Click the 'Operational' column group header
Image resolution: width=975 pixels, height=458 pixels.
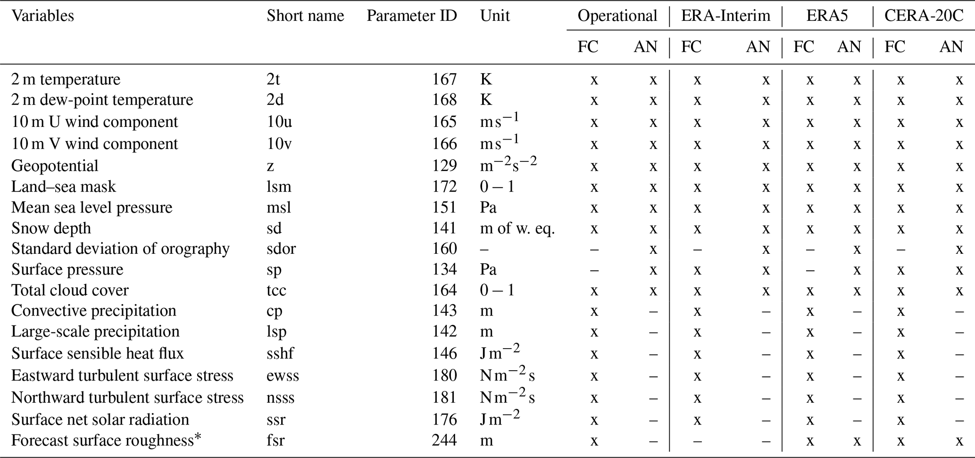[x=617, y=16]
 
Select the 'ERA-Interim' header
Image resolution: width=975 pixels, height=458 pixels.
[x=725, y=16]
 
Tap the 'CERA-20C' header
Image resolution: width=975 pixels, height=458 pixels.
[x=924, y=16]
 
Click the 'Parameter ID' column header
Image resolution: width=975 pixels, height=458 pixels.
[x=412, y=16]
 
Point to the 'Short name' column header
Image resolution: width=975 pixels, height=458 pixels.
[x=305, y=16]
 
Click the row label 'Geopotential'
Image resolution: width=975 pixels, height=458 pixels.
[x=55, y=166]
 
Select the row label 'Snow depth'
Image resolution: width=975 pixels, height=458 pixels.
[x=51, y=228]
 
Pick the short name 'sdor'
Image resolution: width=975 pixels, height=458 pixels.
[x=281, y=249]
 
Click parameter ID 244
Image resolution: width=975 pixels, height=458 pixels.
[x=444, y=441]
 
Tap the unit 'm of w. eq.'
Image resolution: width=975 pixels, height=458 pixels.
[x=517, y=228]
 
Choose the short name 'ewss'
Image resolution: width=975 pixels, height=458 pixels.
[x=283, y=376]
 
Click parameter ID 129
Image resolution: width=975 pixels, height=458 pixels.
[x=444, y=166]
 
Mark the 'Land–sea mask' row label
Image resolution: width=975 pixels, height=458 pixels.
[x=63, y=187]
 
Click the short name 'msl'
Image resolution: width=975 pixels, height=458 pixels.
[x=279, y=208]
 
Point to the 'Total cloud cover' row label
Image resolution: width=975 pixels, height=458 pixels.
[x=70, y=290]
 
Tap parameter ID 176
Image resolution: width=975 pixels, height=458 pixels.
[x=444, y=420]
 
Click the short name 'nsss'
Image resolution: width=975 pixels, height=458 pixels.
[x=280, y=398]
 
